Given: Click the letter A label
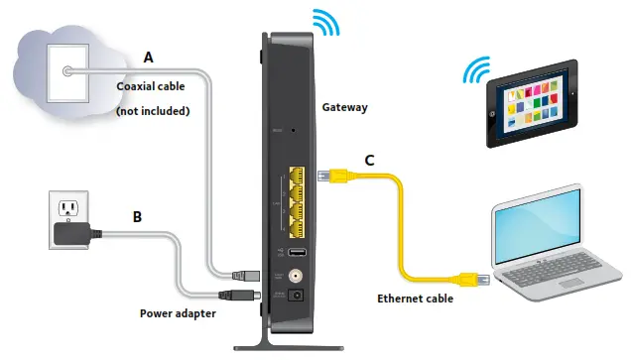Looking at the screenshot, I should [x=148, y=58].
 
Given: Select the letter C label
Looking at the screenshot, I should [x=370, y=158].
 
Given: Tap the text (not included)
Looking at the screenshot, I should [x=154, y=111].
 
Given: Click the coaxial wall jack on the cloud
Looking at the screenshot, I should [x=65, y=71].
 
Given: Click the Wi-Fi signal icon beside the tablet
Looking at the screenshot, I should [x=478, y=74].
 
